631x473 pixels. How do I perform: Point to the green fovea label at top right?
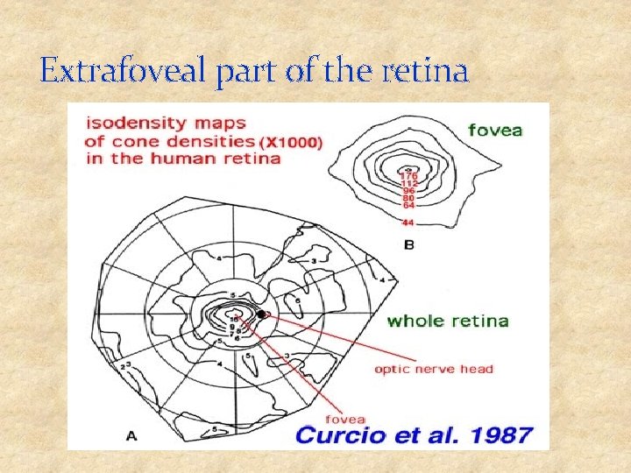[x=495, y=131]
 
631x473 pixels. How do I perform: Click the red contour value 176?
[x=409, y=176]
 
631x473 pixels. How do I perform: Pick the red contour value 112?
[x=409, y=183]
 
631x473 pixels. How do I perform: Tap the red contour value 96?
[x=408, y=191]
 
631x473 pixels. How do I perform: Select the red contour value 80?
[x=408, y=198]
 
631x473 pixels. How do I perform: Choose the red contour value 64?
[x=408, y=205]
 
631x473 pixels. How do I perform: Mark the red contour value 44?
[x=408, y=223]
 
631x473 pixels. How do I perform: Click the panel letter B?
[x=409, y=245]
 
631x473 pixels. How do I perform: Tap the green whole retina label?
[x=448, y=321]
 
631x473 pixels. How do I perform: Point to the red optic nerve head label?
[x=433, y=369]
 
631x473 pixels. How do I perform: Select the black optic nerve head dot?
[x=261, y=314]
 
